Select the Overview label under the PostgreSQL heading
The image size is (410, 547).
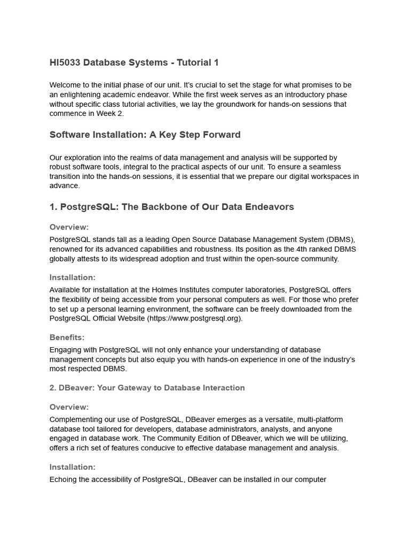point(69,227)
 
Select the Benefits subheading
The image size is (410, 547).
point(67,338)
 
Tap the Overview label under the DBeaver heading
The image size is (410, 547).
point(69,407)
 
